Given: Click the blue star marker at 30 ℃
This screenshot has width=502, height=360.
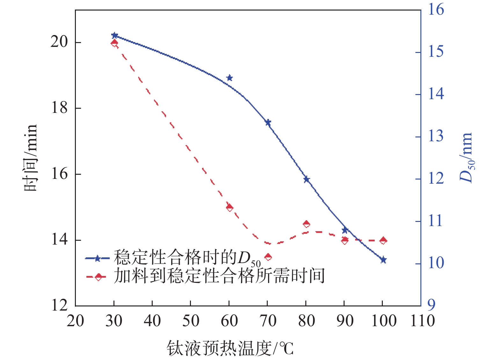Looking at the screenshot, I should point(114,35).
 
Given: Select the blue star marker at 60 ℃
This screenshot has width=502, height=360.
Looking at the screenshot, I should point(229,78).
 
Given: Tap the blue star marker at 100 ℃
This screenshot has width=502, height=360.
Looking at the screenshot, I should point(383,260).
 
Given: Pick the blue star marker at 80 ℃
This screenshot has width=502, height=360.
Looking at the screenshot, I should point(306,179).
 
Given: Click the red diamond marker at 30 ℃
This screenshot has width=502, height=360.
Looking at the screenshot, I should point(114,43).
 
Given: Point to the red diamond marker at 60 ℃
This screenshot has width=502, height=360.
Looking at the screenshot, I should point(229,208).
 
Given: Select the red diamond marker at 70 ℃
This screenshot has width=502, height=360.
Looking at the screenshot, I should point(268,257).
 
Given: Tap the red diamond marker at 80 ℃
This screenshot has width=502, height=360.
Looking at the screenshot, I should point(306,224).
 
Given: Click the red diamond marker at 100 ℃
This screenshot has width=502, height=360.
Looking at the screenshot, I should point(383,240).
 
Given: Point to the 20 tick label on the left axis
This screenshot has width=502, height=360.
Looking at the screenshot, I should point(60,42).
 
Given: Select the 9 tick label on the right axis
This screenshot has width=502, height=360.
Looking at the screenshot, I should point(431,305).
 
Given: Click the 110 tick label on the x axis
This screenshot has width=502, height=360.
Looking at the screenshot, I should point(422,321).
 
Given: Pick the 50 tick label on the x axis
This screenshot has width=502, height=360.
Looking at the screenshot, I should point(191,321).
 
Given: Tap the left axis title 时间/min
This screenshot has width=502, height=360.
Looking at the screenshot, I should point(31,158).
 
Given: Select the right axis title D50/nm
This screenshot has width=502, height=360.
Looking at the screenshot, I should point(466,158).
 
